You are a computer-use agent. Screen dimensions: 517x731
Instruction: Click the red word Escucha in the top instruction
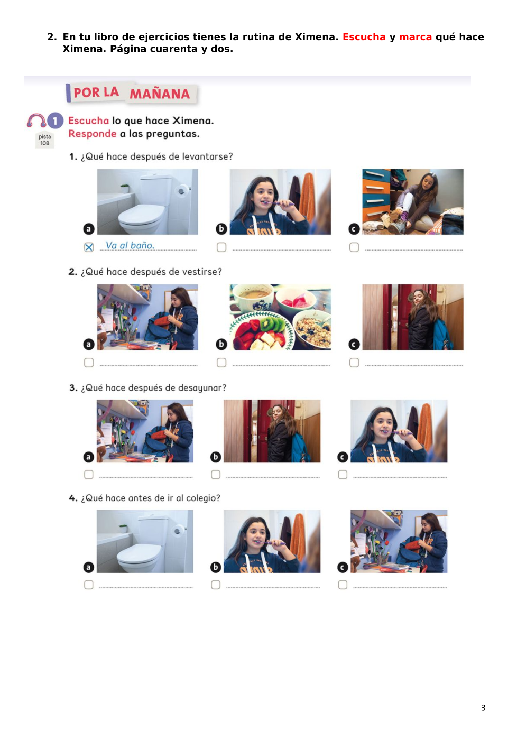coord(364,37)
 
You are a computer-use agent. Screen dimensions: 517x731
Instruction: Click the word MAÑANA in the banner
coord(160,94)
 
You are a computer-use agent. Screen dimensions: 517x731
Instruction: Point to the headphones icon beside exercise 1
coord(36,121)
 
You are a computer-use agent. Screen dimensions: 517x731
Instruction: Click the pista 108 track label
coord(45,140)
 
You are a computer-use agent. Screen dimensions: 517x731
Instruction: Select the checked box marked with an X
coord(89,247)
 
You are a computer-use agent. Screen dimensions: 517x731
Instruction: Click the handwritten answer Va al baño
coord(130,245)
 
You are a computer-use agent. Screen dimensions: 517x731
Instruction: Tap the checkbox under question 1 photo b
coord(221,247)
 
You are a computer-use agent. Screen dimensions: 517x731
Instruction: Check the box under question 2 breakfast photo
coord(221,363)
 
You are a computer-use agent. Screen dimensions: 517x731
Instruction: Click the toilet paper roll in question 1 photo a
coord(181,191)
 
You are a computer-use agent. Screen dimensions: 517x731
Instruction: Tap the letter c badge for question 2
coord(354,344)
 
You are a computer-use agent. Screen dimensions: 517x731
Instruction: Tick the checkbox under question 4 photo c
coord(343,585)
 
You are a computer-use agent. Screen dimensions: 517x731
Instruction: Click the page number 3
coord(483,708)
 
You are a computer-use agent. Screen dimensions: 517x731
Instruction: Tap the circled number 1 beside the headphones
coord(55,121)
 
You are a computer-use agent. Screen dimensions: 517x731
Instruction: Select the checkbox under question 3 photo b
coord(216,475)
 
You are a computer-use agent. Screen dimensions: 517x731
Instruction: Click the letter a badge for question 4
coord(88,568)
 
